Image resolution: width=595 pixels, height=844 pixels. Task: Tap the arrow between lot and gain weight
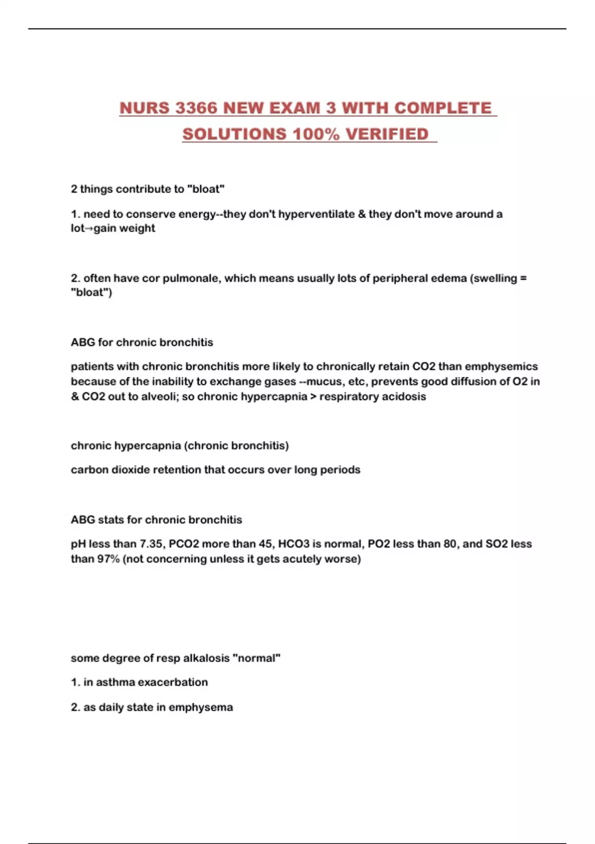89,228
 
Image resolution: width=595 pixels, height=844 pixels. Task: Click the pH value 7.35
152,544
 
